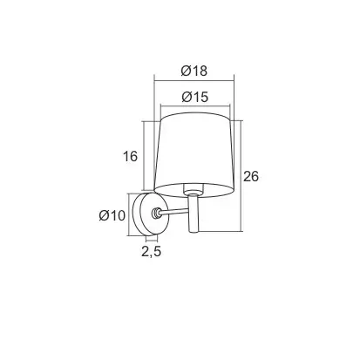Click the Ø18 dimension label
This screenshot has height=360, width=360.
pyautogui.click(x=194, y=71)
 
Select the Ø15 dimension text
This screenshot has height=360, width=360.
pyautogui.click(x=194, y=97)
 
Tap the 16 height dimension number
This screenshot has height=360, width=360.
pyautogui.click(x=130, y=157)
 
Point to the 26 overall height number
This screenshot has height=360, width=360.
pyautogui.click(x=251, y=176)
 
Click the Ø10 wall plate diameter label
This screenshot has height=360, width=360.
pyautogui.click(x=112, y=215)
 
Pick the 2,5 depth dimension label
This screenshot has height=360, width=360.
pyautogui.click(x=151, y=251)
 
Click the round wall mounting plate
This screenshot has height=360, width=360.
pyautogui.click(x=150, y=214)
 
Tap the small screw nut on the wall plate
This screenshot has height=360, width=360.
pyautogui.click(x=156, y=214)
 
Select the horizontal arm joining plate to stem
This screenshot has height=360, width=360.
pyautogui.click(x=174, y=212)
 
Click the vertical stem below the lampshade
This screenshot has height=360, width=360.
pyautogui.click(x=194, y=214)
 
